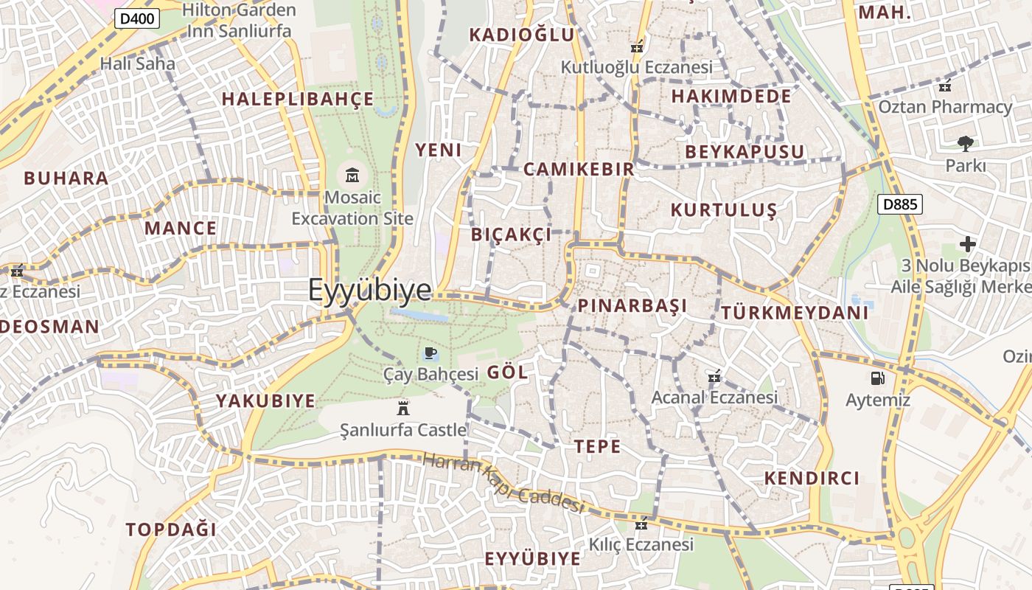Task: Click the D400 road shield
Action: click(137, 18)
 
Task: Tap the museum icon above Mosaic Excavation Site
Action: click(352, 176)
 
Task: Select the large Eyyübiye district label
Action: click(369, 290)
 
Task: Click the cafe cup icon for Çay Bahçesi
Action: click(430, 353)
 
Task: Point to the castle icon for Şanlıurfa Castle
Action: click(403, 408)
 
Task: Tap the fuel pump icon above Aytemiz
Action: click(877, 378)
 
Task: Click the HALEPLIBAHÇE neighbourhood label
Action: click(298, 99)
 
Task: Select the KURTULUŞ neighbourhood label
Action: click(723, 210)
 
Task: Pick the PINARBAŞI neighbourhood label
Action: click(632, 305)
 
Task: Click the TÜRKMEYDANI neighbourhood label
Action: click(795, 313)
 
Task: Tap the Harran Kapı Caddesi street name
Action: click(503, 483)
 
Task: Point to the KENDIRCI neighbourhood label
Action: click(812, 478)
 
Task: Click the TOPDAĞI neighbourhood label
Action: click(171, 530)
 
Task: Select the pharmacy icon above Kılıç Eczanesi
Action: click(641, 524)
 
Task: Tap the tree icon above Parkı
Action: click(965, 143)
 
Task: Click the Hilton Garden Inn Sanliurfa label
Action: click(239, 21)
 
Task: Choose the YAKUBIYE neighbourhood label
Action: click(265, 401)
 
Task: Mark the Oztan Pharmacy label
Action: click(945, 107)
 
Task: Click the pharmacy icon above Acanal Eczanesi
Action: click(714, 377)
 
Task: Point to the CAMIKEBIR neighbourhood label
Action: click(579, 169)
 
